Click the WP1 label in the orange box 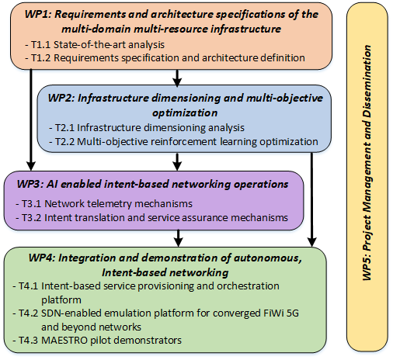coord(38,14)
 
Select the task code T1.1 coord(40,45)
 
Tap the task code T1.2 coord(41,57)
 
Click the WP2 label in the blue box coord(61,98)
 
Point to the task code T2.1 coord(64,128)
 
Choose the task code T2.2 coord(65,142)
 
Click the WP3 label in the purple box coord(30,184)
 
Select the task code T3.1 coord(31,204)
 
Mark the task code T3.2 coord(32,218)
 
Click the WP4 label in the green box coord(42,258)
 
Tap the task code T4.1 coord(28,286)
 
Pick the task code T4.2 coord(29,313)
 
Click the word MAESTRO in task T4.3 coord(64,341)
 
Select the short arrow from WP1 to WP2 coord(177,78)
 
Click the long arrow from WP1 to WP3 coord(31,119)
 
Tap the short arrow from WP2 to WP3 coord(177,161)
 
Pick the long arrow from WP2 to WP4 coord(312,199)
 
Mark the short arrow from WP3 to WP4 coord(179,238)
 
